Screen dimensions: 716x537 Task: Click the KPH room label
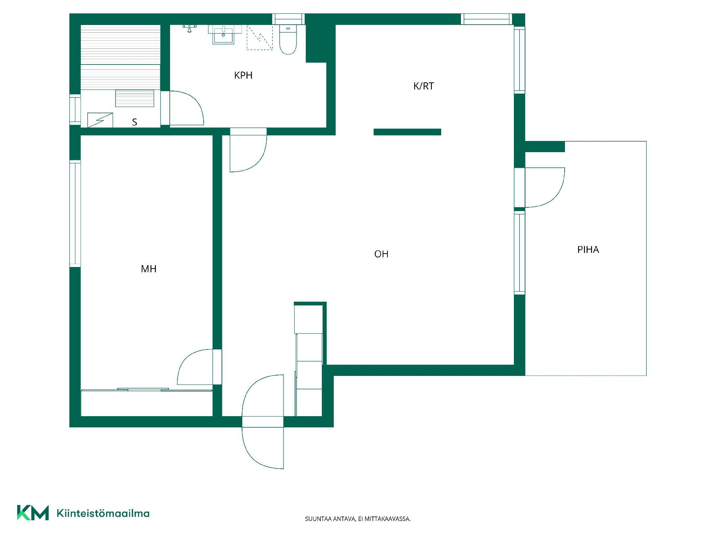pos(243,75)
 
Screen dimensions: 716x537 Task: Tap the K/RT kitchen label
pos(424,86)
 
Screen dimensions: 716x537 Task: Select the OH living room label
pos(381,254)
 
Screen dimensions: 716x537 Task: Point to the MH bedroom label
pos(148,269)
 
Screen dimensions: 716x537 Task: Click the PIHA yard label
pos(588,249)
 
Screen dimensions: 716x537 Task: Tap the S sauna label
pos(135,122)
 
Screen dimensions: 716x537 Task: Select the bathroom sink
pos(223,35)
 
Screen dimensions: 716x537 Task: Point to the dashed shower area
pos(260,37)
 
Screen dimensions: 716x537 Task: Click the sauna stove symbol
pos(100,120)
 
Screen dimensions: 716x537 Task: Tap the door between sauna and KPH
pos(186,108)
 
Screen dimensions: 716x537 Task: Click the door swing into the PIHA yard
pos(545,187)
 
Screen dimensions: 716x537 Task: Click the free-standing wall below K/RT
pos(407,132)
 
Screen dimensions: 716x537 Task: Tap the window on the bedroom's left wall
pos(75,214)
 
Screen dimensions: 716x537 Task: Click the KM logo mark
pos(33,513)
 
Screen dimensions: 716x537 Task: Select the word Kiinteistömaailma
pos(103,513)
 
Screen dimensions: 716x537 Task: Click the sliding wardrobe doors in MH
pos(147,390)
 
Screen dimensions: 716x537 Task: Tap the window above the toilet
pos(288,19)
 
